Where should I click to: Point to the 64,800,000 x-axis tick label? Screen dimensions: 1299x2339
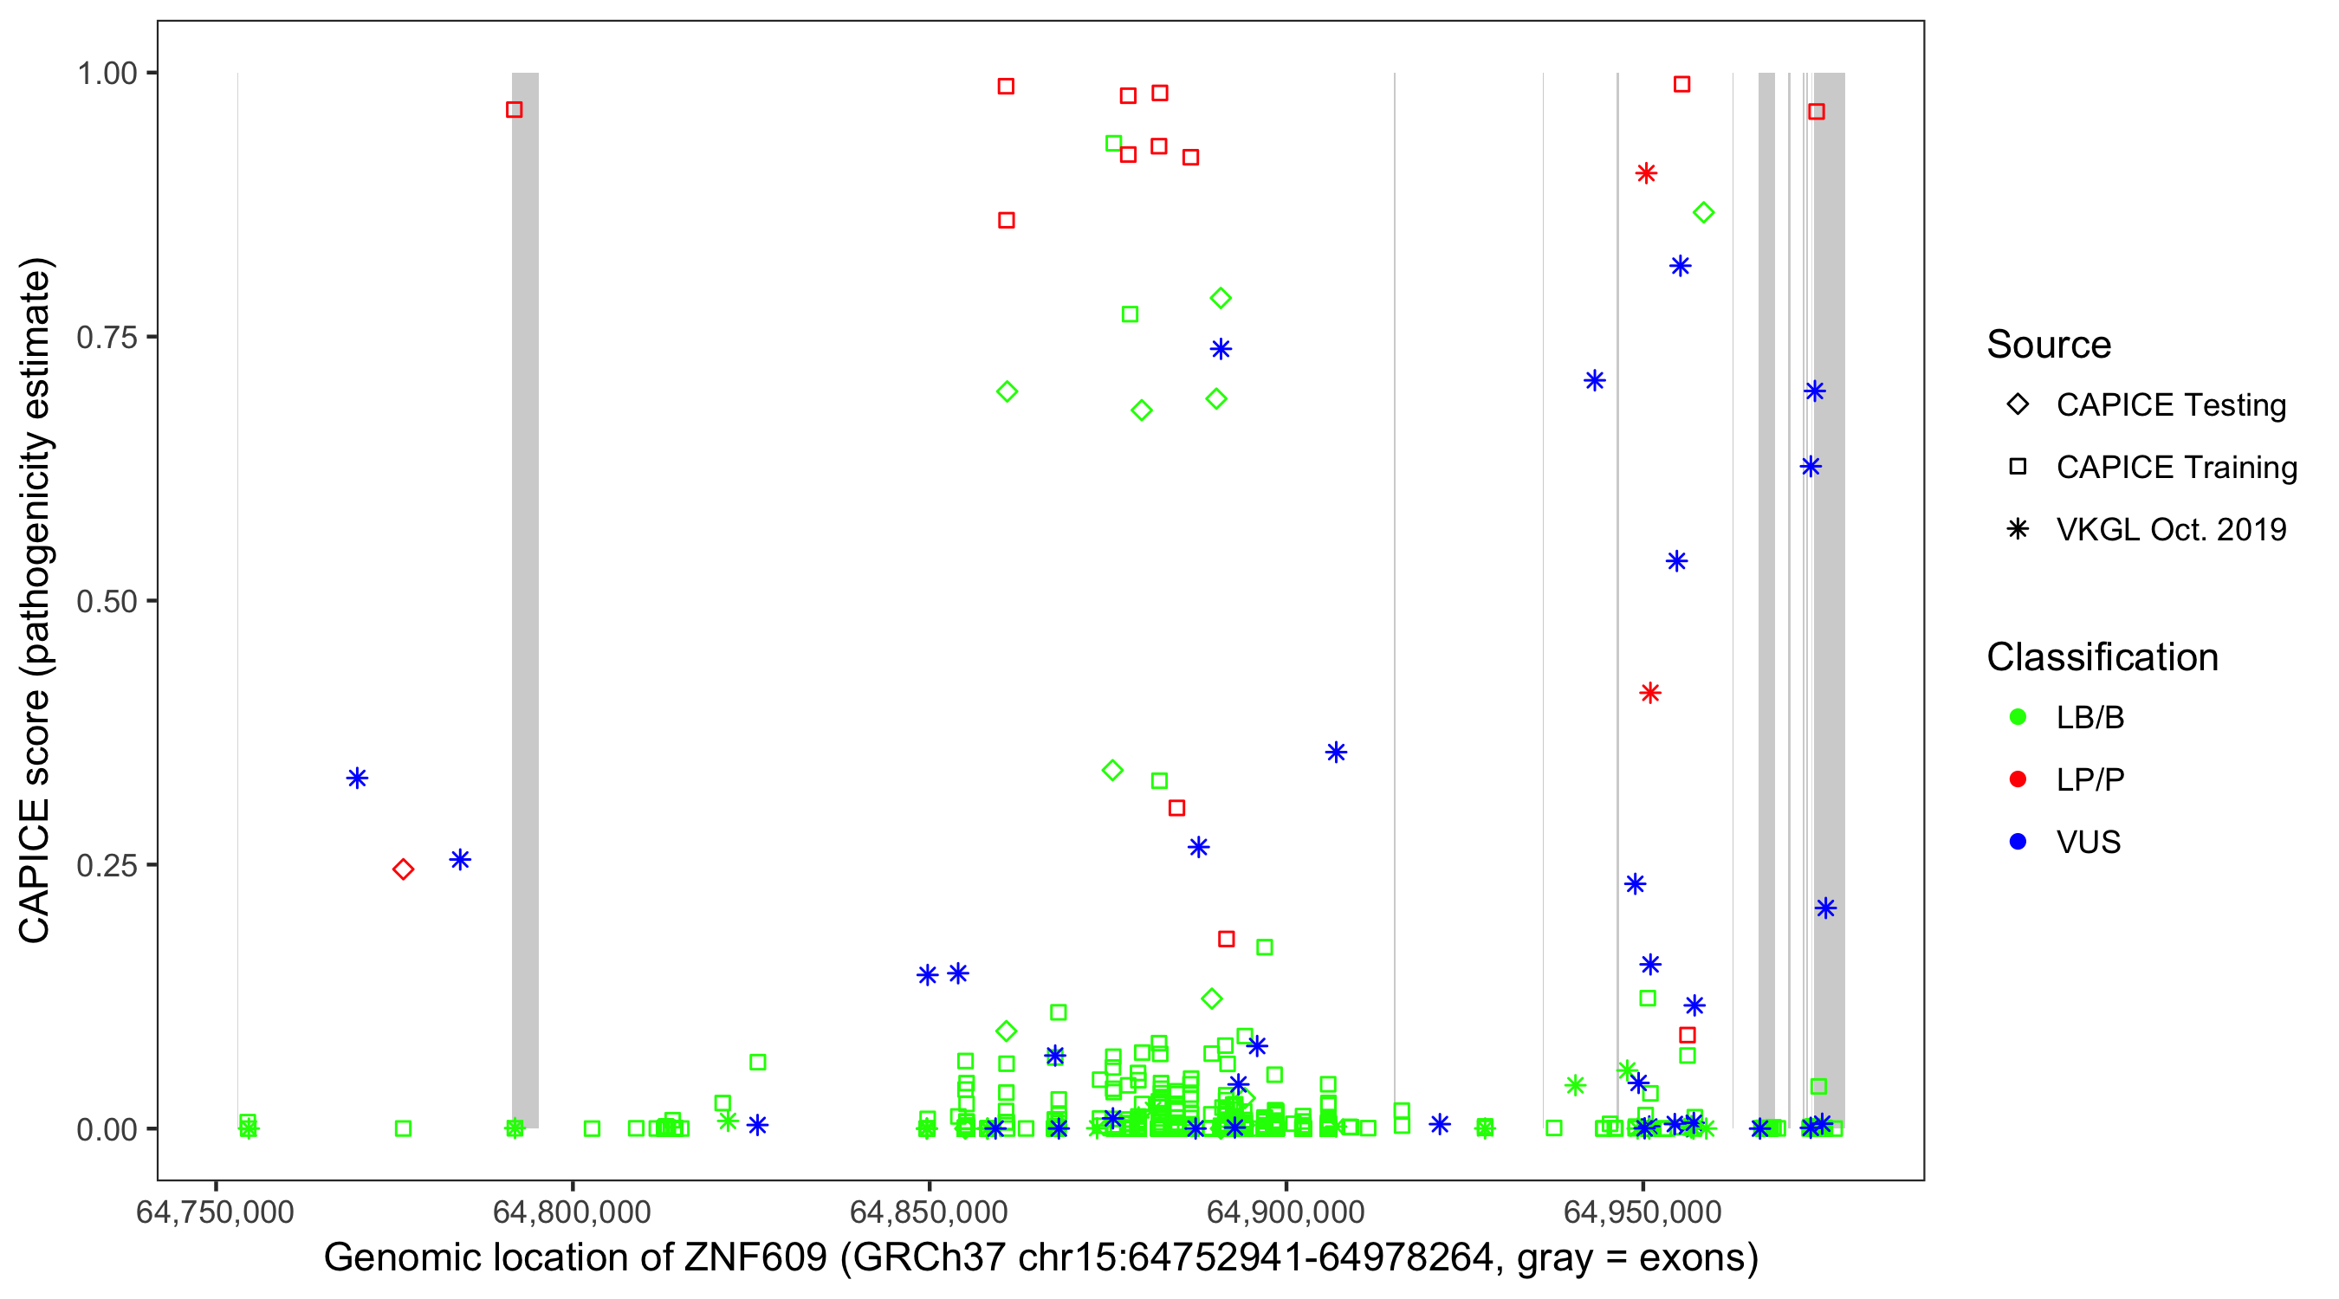[x=572, y=1212]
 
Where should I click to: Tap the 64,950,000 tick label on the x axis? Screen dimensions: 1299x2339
[x=1642, y=1212]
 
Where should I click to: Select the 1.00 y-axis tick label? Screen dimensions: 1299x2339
[x=107, y=74]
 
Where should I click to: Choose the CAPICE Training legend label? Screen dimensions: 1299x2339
[x=2175, y=468]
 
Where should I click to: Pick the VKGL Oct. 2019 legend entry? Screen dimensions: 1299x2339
[x=2170, y=529]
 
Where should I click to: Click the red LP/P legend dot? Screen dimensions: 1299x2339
[x=2018, y=779]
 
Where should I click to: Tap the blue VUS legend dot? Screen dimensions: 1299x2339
[x=2018, y=842]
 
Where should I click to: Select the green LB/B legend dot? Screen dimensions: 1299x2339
[x=2018, y=717]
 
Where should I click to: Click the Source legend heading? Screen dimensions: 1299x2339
[x=2048, y=345]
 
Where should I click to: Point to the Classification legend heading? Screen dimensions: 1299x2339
[x=2101, y=657]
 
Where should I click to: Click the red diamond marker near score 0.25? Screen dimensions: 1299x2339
[x=403, y=869]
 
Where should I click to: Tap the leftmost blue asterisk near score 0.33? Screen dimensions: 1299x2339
[x=357, y=778]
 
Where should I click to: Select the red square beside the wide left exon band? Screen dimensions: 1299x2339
[x=514, y=110]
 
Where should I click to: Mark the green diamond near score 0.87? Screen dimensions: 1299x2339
[x=1703, y=212]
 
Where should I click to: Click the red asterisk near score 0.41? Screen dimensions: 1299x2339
[x=1649, y=694]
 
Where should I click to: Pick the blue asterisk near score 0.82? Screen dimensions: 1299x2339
[x=1680, y=266]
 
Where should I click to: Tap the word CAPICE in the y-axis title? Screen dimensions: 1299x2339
[x=35, y=870]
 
